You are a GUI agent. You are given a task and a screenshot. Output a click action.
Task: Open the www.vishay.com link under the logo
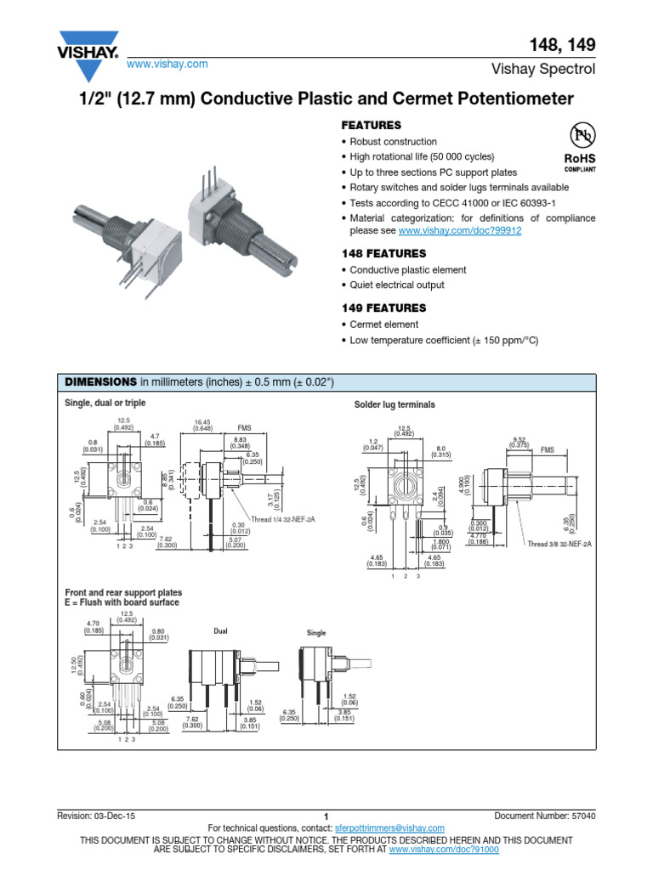tap(168, 65)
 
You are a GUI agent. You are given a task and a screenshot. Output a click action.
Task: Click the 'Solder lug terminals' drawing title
tap(395, 405)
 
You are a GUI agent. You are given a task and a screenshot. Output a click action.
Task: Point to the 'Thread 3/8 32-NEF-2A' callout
tap(562, 544)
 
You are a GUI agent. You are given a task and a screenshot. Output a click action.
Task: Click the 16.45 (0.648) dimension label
tap(202, 424)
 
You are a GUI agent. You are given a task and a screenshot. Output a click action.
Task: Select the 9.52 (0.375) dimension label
tap(519, 442)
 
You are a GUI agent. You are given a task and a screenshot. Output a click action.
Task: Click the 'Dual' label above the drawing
tap(221, 631)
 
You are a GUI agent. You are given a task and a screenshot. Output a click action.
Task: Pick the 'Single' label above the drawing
tap(316, 634)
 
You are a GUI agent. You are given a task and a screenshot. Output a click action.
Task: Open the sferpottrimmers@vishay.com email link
tap(389, 828)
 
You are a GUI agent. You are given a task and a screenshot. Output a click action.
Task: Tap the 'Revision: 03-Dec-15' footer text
tap(96, 816)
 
